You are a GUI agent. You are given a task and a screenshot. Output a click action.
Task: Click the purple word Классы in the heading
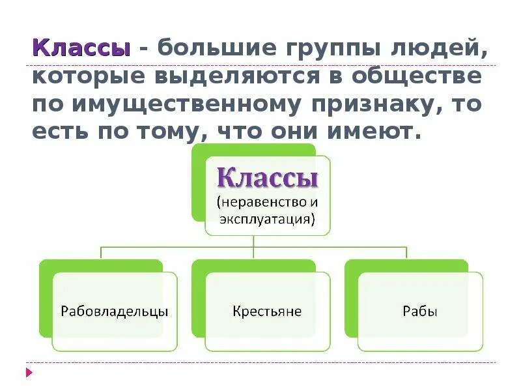(x=81, y=48)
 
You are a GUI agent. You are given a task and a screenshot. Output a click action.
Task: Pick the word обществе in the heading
(x=413, y=76)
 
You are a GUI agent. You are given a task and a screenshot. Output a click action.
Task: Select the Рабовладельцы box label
(x=115, y=311)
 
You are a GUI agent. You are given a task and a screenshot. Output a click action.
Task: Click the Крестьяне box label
(x=267, y=311)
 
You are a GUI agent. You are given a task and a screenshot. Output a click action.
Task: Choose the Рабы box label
(x=420, y=311)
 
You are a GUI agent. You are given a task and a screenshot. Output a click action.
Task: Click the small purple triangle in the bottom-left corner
(x=29, y=372)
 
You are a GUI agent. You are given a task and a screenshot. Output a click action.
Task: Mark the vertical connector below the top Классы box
(x=254, y=241)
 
